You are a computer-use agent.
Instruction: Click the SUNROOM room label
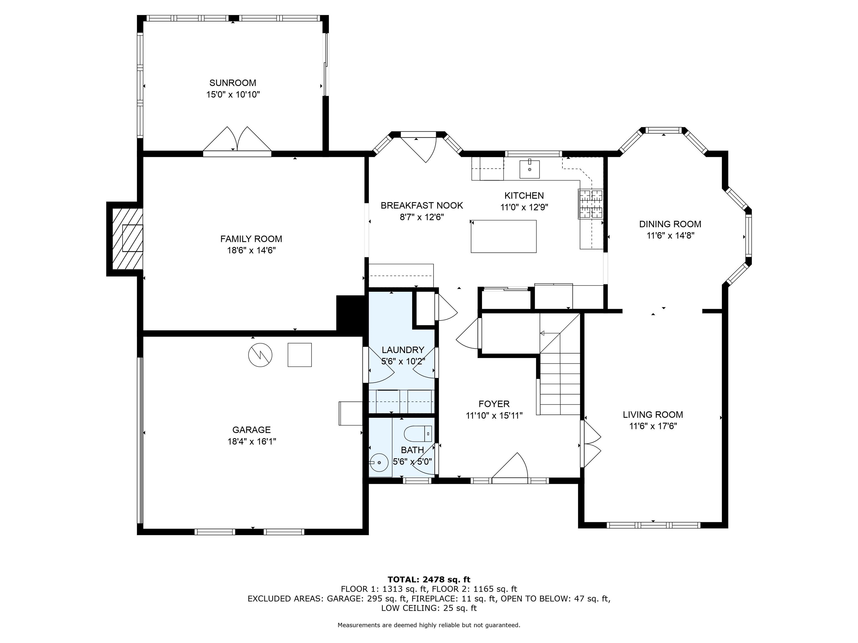[233, 83]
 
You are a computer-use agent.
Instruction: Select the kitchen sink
[530, 169]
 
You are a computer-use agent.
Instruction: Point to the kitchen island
[504, 236]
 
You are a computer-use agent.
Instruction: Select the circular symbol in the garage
[260, 355]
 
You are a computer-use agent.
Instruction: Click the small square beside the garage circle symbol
[299, 355]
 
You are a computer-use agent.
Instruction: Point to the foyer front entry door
[510, 467]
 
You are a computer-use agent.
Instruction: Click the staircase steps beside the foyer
[560, 384]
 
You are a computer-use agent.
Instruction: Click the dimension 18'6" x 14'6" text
[251, 250]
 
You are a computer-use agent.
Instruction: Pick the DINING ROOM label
[670, 224]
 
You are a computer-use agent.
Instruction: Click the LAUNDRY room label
[403, 350]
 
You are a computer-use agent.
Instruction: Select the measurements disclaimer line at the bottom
[429, 625]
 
